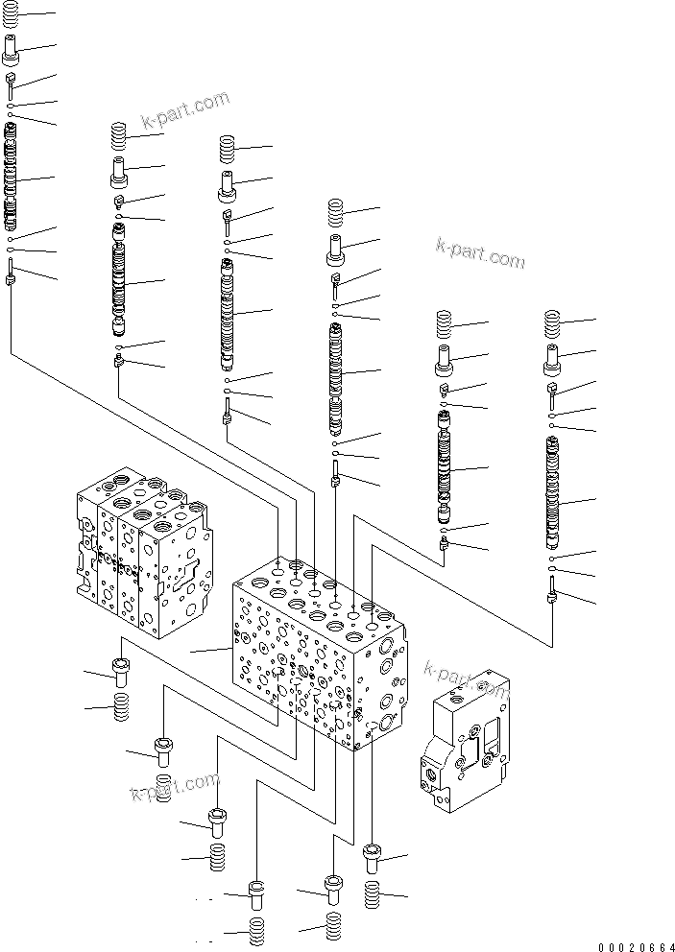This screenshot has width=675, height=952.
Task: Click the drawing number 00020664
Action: point(633,945)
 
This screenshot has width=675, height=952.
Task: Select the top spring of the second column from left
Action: point(119,134)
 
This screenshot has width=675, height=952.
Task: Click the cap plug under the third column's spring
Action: point(227,180)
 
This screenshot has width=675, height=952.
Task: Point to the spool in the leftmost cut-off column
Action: point(11,178)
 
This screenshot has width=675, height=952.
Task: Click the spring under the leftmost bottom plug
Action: point(121,711)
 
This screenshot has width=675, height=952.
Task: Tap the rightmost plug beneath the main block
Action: point(374,858)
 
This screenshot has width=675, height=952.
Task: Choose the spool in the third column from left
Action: point(227,312)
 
